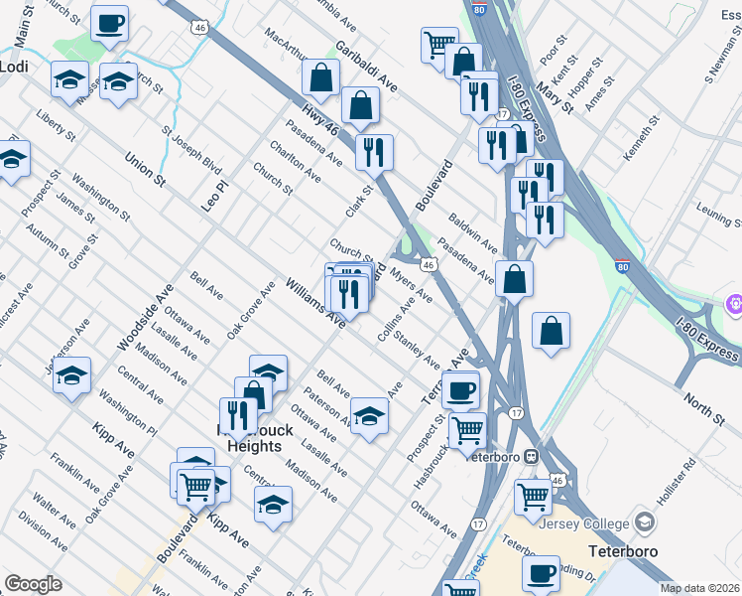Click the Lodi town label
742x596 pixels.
point(14,67)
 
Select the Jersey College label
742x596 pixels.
point(585,522)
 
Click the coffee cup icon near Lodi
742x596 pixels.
point(109,22)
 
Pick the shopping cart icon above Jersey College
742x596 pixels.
point(534,495)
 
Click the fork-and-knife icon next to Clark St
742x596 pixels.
point(374,152)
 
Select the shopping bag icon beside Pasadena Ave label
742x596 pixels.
point(514,278)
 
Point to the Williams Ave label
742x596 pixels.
point(315,302)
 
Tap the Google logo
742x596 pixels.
point(33,584)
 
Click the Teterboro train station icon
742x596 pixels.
point(531,456)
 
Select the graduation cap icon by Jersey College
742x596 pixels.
point(645,521)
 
